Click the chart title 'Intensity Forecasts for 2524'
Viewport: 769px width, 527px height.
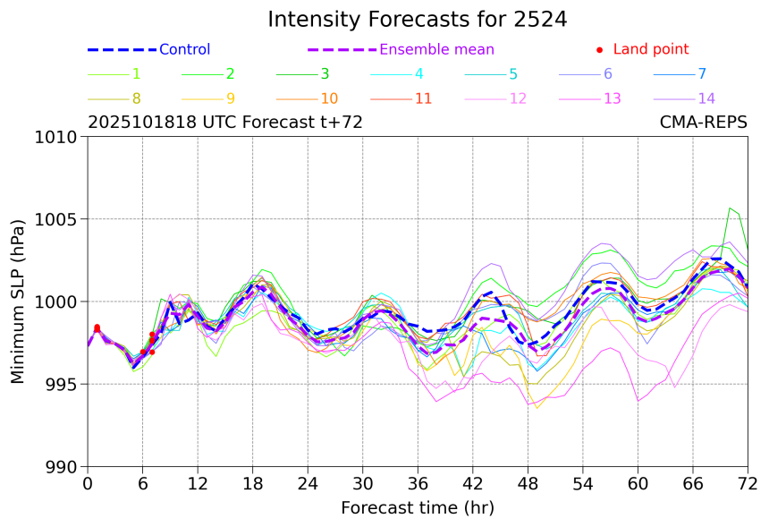pyautogui.click(x=417, y=20)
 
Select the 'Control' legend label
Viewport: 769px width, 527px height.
pyautogui.click(x=184, y=50)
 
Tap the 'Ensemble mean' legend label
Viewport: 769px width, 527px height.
pyautogui.click(x=436, y=50)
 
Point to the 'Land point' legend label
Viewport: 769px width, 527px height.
pyautogui.click(x=651, y=50)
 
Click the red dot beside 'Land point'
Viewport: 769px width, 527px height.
pyautogui.click(x=599, y=50)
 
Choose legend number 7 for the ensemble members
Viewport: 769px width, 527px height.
pyautogui.click(x=702, y=74)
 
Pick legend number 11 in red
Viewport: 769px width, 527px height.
pyautogui.click(x=424, y=98)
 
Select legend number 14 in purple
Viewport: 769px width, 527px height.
pyautogui.click(x=706, y=98)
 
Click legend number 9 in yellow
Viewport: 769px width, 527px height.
pyautogui.click(x=230, y=98)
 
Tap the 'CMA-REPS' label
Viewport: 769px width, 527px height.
pyautogui.click(x=703, y=123)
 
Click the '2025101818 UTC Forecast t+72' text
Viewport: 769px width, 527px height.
pyautogui.click(x=224, y=123)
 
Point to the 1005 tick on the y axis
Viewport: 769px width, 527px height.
pyautogui.click(x=61, y=219)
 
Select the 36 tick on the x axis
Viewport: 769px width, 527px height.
pyautogui.click(x=418, y=484)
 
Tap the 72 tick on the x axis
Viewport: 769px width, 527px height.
pyautogui.click(x=748, y=484)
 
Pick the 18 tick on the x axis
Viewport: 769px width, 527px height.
pyautogui.click(x=253, y=484)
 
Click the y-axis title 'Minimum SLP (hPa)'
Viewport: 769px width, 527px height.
pyautogui.click(x=19, y=302)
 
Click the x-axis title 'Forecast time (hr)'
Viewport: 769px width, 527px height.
pyautogui.click(x=417, y=508)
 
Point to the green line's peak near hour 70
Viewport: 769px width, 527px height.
pyautogui.click(x=731, y=208)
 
